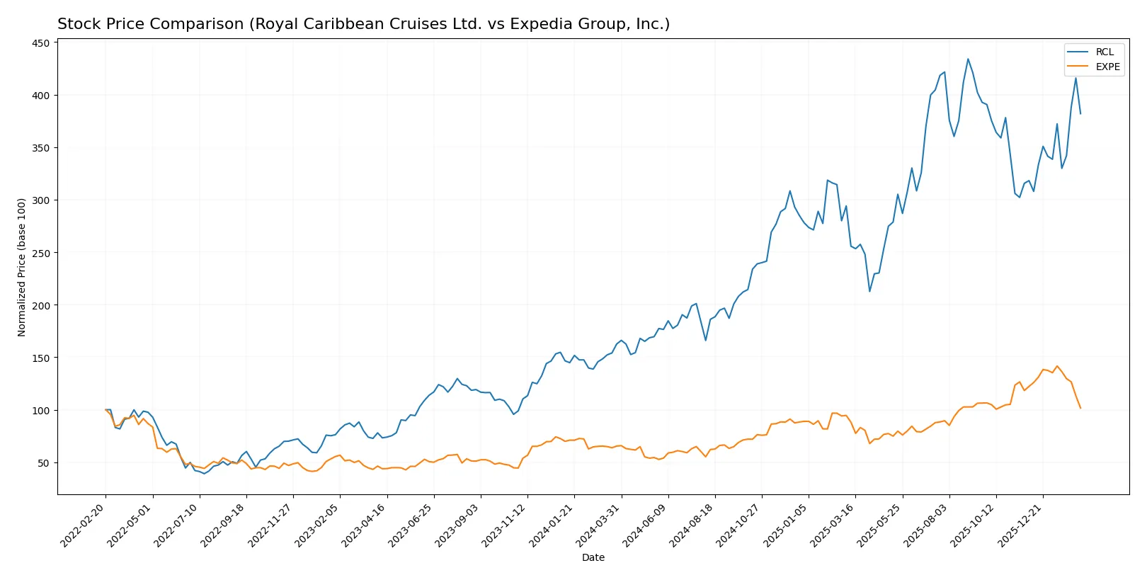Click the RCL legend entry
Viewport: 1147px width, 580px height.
click(x=1104, y=52)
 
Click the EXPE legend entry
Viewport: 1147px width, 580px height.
click(x=1107, y=67)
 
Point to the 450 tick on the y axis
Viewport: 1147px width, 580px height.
click(x=41, y=43)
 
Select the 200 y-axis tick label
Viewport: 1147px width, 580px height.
click(x=41, y=305)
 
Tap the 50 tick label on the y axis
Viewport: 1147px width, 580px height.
click(x=44, y=463)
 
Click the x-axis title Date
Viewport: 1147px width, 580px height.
click(x=593, y=558)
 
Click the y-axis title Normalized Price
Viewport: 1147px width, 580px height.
click(x=21, y=267)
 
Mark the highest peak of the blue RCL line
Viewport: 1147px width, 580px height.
click(x=968, y=59)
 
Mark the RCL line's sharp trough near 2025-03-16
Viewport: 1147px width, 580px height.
click(x=869, y=291)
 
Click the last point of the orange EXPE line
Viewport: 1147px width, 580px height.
click(x=1080, y=408)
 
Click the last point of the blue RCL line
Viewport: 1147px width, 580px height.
click(x=1080, y=113)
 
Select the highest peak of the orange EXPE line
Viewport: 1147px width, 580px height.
click(x=1057, y=366)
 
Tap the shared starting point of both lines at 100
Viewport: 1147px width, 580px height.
click(x=105, y=410)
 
